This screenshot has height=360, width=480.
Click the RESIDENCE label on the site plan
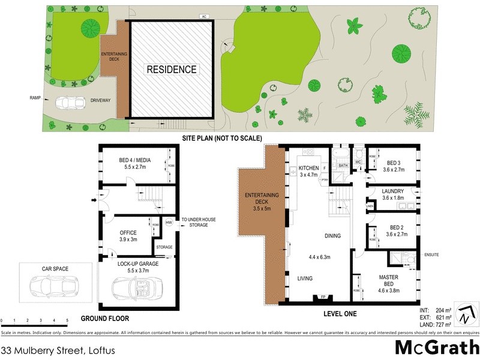tap(172, 70)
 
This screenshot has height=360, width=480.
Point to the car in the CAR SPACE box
tap(54, 282)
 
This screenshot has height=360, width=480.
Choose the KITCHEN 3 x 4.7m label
tap(310, 172)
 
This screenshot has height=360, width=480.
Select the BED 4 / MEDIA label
tap(135, 164)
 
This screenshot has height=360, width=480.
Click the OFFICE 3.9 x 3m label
tap(128, 236)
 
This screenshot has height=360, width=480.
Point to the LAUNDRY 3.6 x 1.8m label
tap(393, 195)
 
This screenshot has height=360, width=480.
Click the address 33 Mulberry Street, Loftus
tap(58, 349)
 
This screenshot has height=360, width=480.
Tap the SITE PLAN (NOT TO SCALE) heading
tap(222, 139)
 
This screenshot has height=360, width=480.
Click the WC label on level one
tap(358, 162)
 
